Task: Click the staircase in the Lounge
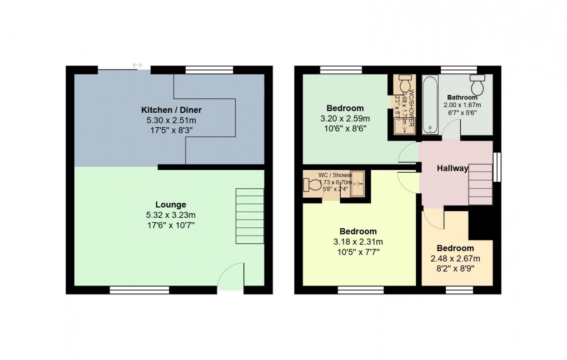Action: click(250, 216)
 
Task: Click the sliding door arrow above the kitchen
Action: click(137, 66)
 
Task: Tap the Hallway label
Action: click(452, 168)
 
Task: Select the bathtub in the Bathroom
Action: click(430, 105)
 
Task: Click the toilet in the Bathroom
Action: click(477, 85)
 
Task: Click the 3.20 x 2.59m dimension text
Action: click(345, 118)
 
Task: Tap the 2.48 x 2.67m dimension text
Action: click(455, 258)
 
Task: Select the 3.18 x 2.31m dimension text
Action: click(359, 242)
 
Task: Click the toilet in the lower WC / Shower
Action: click(311, 184)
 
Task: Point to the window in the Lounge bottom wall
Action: click(139, 289)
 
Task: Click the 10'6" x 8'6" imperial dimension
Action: click(345, 128)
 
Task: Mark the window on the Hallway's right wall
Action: click(498, 167)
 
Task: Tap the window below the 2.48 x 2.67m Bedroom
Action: click(459, 289)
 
